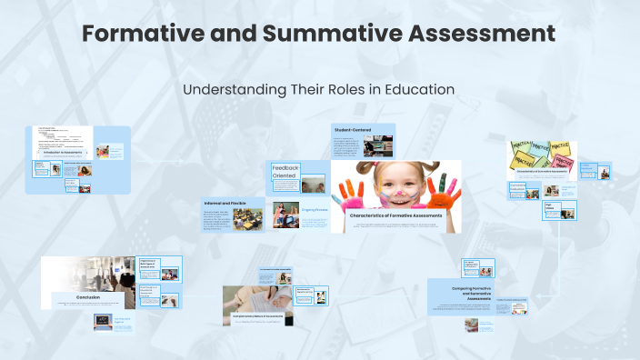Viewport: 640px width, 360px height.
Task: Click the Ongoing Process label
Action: point(315,210)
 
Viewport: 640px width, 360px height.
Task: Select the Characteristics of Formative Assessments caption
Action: point(396,215)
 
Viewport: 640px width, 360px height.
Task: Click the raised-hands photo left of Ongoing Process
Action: point(285,215)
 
